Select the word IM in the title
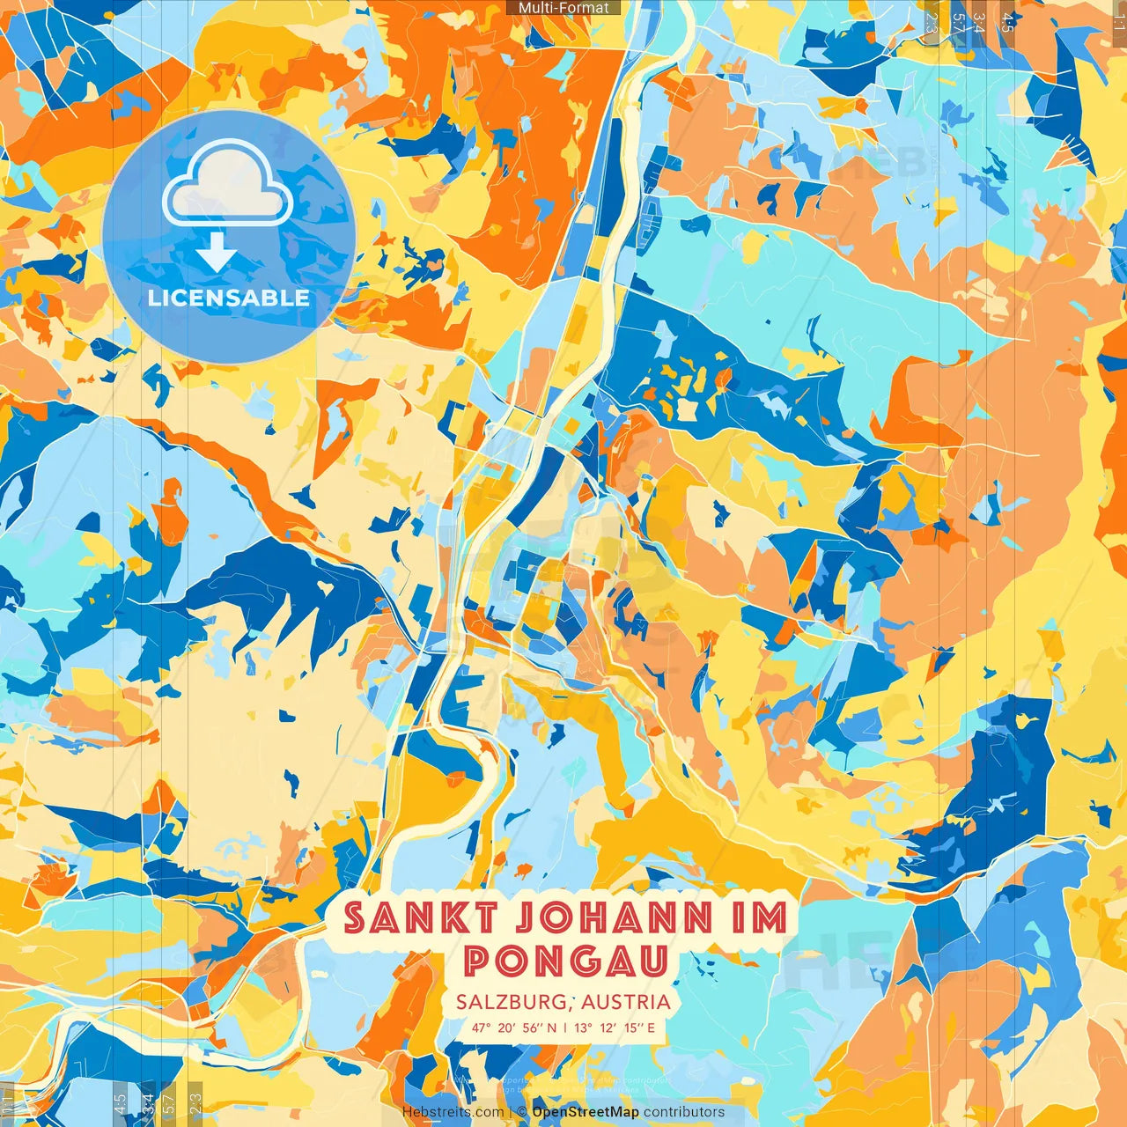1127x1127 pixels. [x=759, y=918]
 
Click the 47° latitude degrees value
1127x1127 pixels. [x=481, y=1028]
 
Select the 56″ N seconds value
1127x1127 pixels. [x=540, y=1028]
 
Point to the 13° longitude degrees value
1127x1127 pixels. [x=583, y=1028]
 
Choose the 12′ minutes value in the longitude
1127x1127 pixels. [x=608, y=1028]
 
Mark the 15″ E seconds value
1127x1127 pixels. [x=640, y=1028]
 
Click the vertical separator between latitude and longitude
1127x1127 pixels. [x=564, y=1028]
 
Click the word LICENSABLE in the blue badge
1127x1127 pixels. [x=229, y=298]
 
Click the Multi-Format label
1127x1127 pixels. [x=563, y=8]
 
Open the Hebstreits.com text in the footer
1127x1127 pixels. [x=453, y=1112]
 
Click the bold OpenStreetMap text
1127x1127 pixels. [x=586, y=1112]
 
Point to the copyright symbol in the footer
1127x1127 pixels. [x=522, y=1112]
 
